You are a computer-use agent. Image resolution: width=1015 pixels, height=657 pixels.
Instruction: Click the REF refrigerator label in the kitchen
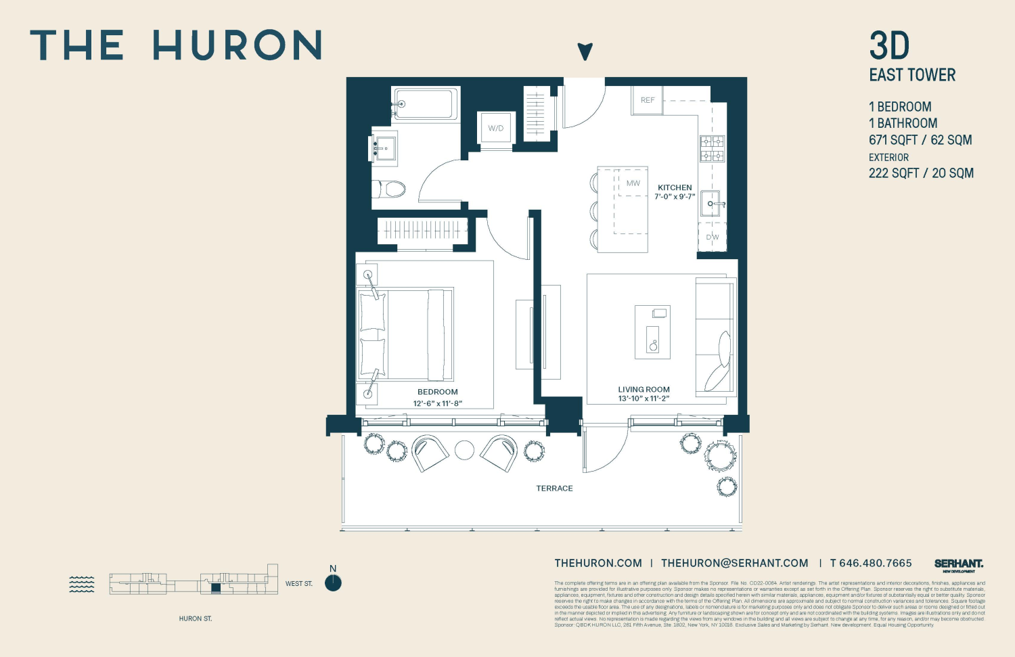pyautogui.click(x=648, y=100)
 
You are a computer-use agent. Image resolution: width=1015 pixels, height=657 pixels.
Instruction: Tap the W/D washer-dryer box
pyautogui.click(x=495, y=128)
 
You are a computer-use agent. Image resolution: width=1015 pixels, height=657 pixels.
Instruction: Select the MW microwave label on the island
pyautogui.click(x=633, y=183)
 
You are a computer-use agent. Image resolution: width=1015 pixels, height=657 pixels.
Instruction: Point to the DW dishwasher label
pyautogui.click(x=713, y=237)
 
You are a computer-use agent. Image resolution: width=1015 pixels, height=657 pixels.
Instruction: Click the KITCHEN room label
pyautogui.click(x=675, y=187)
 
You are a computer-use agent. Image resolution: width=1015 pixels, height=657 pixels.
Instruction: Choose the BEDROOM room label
pyautogui.click(x=437, y=392)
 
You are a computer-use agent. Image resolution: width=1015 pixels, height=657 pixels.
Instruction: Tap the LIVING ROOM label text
pyautogui.click(x=644, y=389)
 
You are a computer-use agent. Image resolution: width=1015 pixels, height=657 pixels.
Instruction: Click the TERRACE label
pyautogui.click(x=554, y=489)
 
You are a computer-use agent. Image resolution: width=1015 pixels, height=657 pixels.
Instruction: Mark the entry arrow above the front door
pyautogui.click(x=585, y=51)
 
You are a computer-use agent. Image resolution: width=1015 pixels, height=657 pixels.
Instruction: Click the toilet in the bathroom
pyautogui.click(x=390, y=189)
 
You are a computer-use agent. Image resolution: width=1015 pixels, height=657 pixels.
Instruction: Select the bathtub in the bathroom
pyautogui.click(x=425, y=104)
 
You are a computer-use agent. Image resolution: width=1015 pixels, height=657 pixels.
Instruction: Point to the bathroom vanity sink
pyautogui.click(x=384, y=147)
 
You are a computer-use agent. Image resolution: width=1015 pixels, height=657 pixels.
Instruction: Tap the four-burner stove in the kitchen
pyautogui.click(x=712, y=148)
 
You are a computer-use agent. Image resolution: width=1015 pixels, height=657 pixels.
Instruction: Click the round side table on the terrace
pyautogui.click(x=464, y=450)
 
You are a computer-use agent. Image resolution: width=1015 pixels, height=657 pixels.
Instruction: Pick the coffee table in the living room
pyautogui.click(x=652, y=332)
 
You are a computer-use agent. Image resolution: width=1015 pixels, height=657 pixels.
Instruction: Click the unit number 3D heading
pyautogui.click(x=889, y=46)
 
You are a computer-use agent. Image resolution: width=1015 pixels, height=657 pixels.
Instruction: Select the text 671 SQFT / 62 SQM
pyautogui.click(x=920, y=140)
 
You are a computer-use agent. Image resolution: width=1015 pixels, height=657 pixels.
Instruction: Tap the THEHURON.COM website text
pyautogui.click(x=598, y=563)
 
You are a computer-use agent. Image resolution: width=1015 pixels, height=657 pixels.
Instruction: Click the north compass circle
pyautogui.click(x=333, y=583)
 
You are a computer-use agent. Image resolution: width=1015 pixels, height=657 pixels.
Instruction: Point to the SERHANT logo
pyautogui.click(x=958, y=564)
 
